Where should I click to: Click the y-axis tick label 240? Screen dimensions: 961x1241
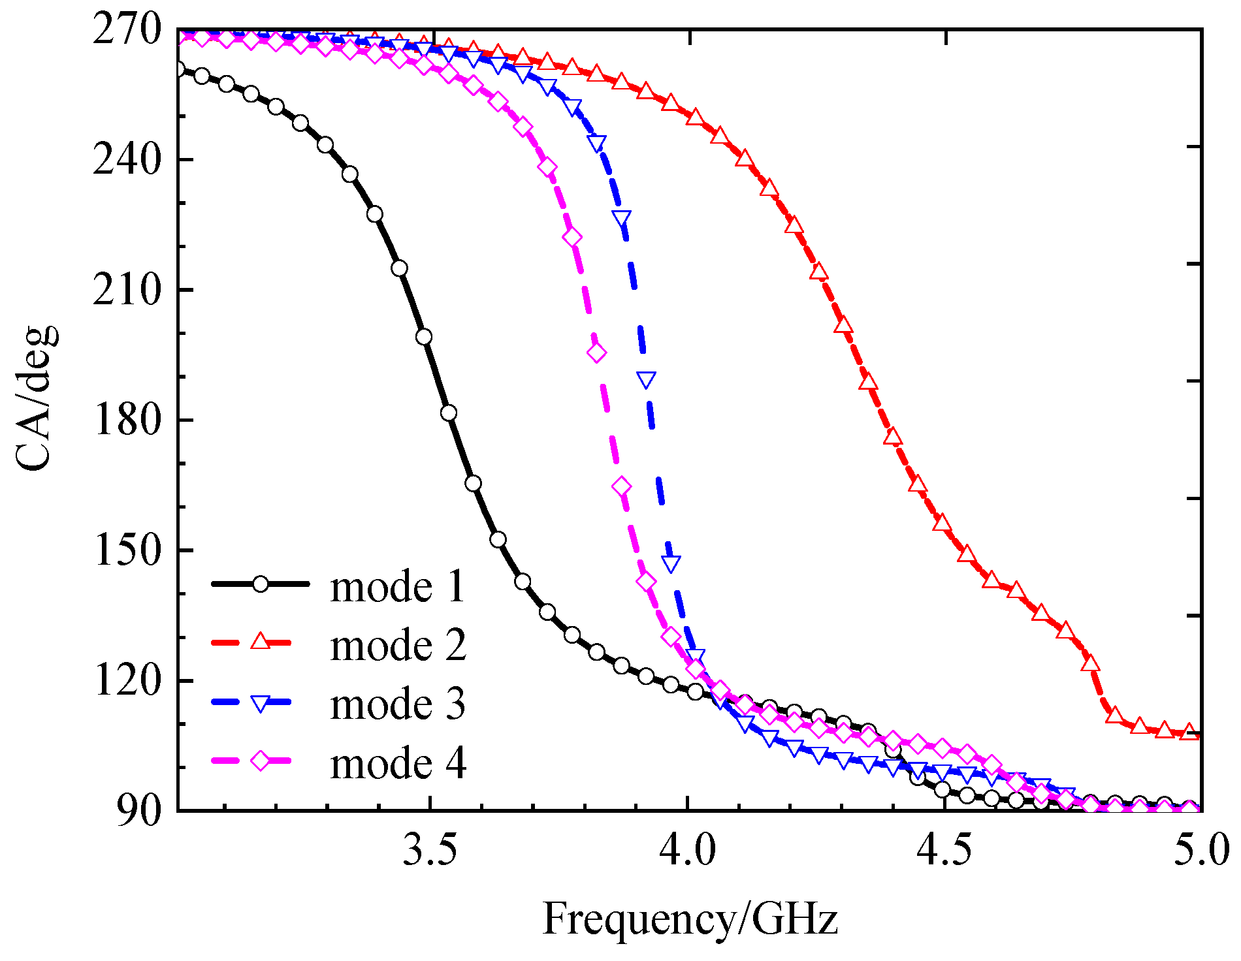coord(127,160)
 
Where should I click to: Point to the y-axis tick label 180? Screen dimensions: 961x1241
coord(127,420)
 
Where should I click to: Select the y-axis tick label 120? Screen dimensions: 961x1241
coord(127,680)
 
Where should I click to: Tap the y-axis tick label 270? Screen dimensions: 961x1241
coord(127,30)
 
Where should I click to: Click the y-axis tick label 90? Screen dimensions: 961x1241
coord(138,811)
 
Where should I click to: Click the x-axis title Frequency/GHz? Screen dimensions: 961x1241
coord(690,919)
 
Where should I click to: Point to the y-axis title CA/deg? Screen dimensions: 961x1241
coord(36,398)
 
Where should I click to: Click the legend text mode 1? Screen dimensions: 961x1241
coord(398,586)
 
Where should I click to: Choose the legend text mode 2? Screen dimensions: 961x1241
coord(398,645)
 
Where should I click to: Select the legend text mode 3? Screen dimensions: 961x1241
coord(398,704)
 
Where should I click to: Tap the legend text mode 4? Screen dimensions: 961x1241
coord(398,763)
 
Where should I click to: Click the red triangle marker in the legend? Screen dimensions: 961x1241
coord(261,642)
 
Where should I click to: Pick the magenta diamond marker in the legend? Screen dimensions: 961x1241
coord(261,761)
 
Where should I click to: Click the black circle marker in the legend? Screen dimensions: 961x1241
coord(261,584)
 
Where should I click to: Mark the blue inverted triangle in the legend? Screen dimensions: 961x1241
coord(261,702)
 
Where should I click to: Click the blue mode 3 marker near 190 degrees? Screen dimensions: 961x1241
coord(646,379)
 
